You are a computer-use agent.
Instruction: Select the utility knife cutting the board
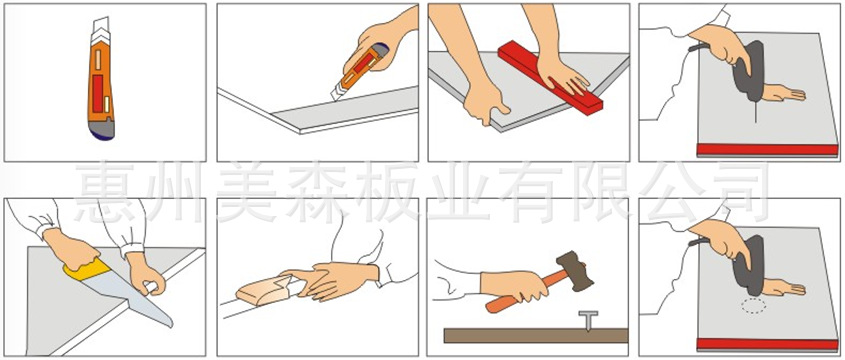(358, 73)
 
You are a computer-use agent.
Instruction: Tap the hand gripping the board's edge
(485, 102)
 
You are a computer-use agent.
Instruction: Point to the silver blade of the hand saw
(129, 294)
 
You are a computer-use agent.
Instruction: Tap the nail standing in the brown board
(588, 320)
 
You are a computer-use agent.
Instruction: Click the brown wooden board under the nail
(536, 336)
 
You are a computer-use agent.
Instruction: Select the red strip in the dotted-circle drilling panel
(767, 344)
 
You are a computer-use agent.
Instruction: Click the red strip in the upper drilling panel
(767, 149)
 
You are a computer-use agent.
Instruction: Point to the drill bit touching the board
(756, 113)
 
